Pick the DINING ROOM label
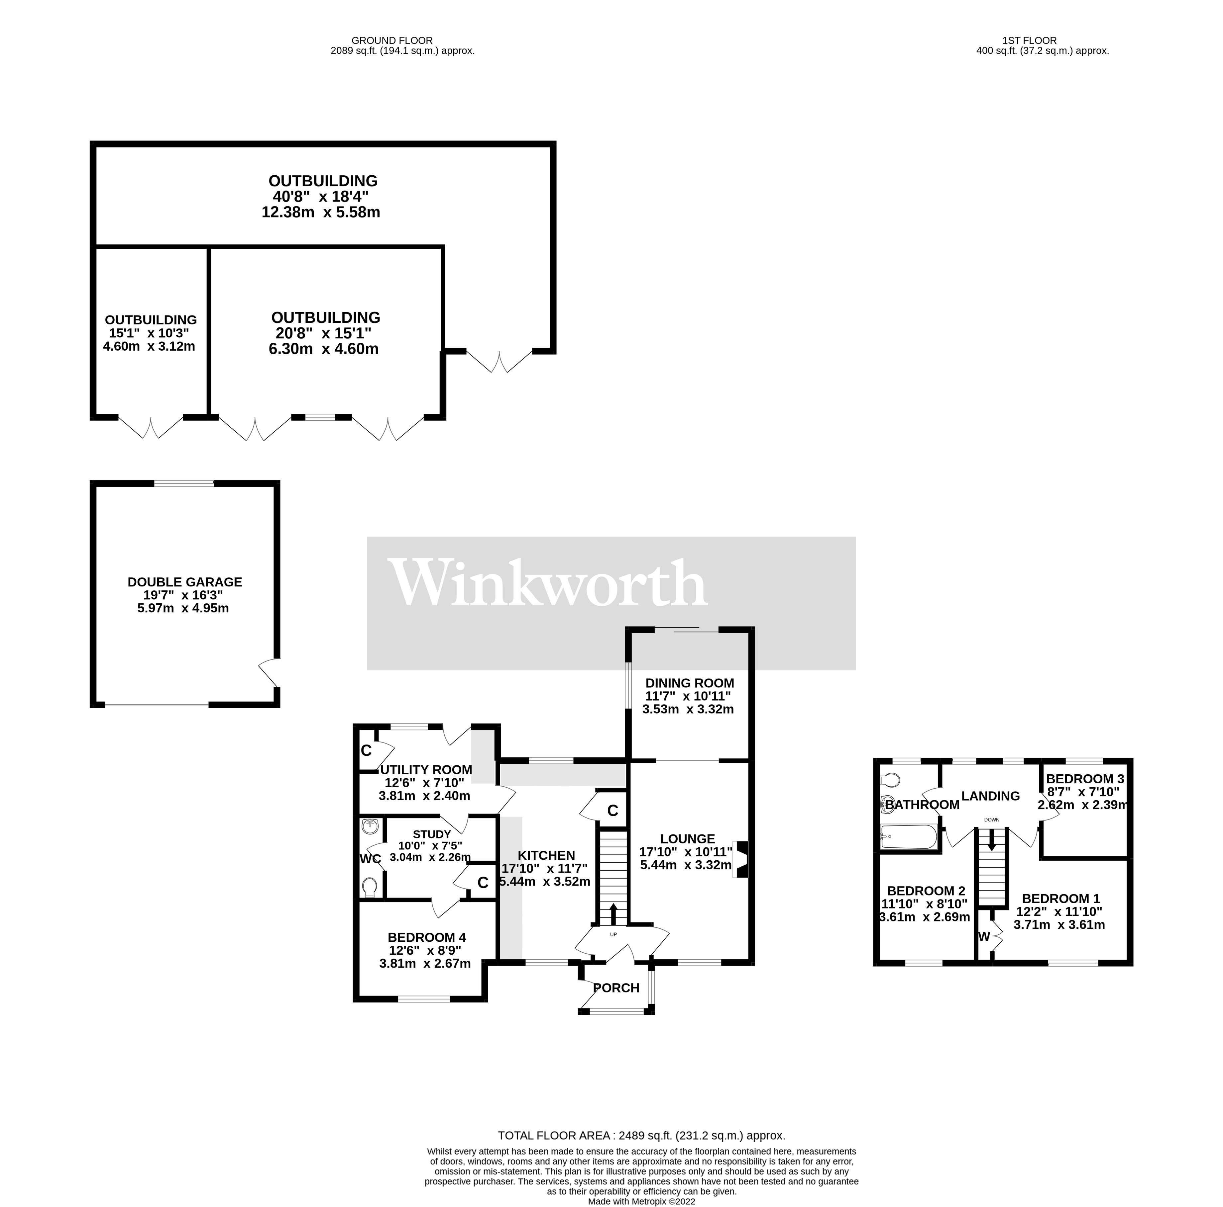point(689,683)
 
